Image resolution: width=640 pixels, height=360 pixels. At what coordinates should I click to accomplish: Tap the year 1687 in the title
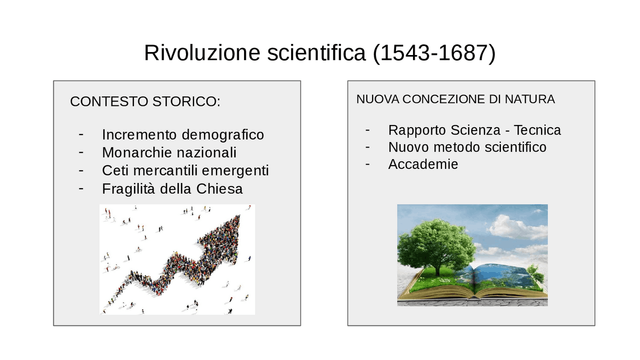(x=460, y=53)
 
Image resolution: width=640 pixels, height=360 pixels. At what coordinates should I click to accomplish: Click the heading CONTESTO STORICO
(x=145, y=101)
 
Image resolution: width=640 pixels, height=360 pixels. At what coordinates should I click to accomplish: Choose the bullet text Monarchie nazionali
(x=169, y=152)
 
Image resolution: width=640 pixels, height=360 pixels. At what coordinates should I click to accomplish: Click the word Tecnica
(x=537, y=130)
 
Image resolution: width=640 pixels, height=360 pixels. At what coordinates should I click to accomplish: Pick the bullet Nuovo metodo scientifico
(x=467, y=147)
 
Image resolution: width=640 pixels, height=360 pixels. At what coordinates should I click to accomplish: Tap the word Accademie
(x=423, y=164)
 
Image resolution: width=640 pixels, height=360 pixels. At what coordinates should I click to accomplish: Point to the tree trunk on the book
(x=438, y=267)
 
